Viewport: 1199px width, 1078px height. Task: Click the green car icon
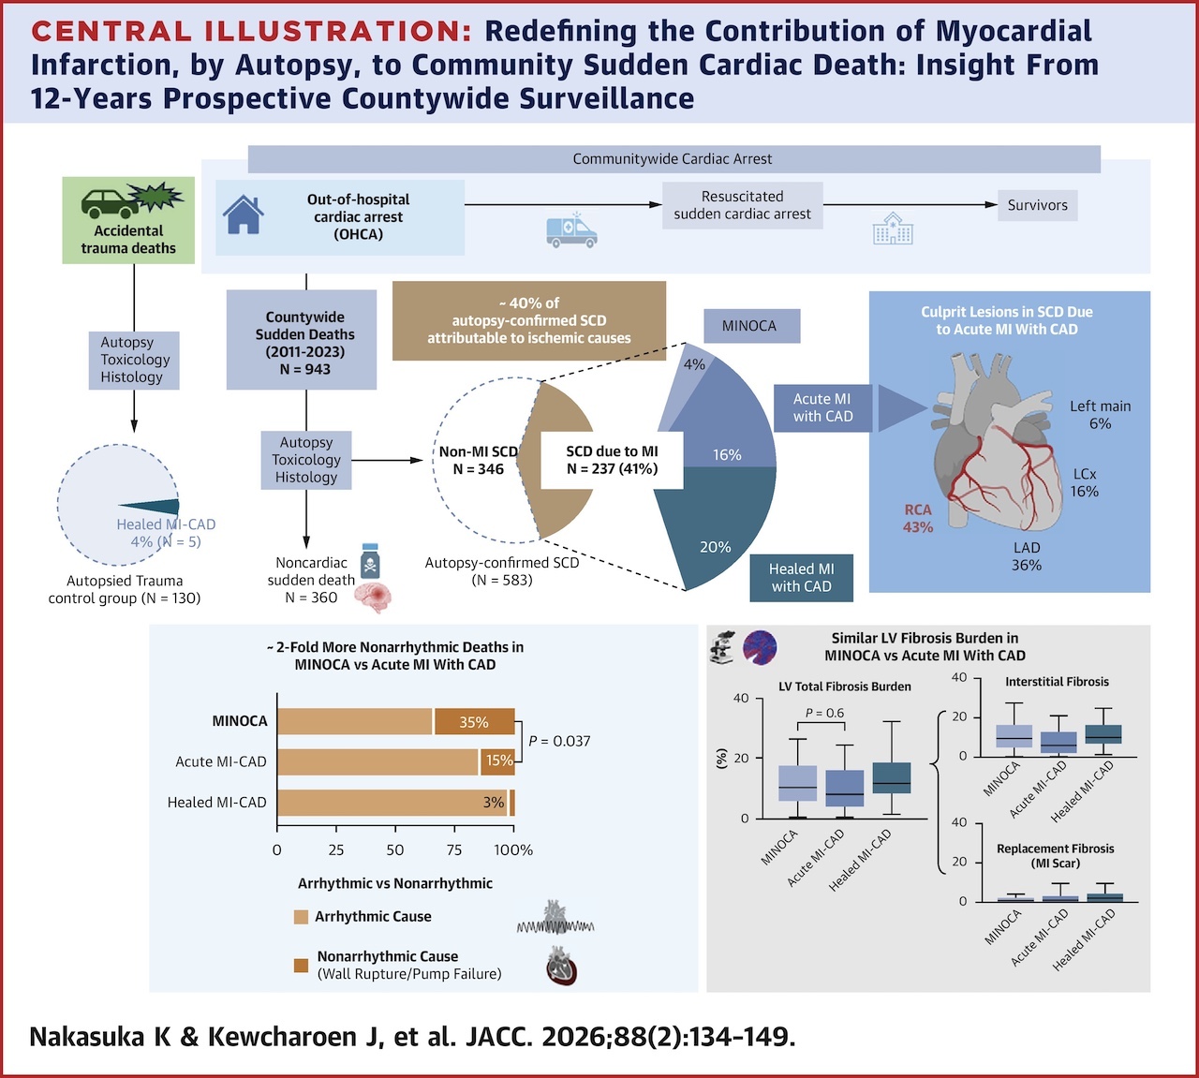(x=111, y=203)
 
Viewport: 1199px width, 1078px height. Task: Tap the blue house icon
(x=244, y=214)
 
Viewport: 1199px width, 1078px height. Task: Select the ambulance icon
(x=571, y=230)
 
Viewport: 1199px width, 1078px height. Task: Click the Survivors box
(x=1038, y=205)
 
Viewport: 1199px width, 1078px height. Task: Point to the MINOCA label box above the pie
(x=752, y=326)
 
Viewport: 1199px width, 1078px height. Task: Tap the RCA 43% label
(x=917, y=518)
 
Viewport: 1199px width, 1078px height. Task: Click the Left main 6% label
(x=1100, y=415)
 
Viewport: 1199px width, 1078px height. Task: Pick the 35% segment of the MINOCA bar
(x=475, y=722)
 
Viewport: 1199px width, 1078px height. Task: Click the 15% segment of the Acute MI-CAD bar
(x=498, y=761)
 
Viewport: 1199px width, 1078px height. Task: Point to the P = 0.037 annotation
(x=559, y=742)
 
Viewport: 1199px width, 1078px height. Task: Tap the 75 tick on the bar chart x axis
(x=454, y=850)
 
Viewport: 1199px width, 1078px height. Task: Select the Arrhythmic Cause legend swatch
(x=302, y=917)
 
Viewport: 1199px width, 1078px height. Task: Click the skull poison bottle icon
(x=370, y=560)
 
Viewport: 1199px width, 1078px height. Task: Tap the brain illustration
(x=373, y=598)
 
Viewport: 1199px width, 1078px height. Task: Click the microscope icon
(x=722, y=647)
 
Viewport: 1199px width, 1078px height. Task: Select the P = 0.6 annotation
(x=824, y=713)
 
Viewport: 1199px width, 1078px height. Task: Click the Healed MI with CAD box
(x=802, y=578)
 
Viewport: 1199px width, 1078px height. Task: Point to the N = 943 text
(x=304, y=369)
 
